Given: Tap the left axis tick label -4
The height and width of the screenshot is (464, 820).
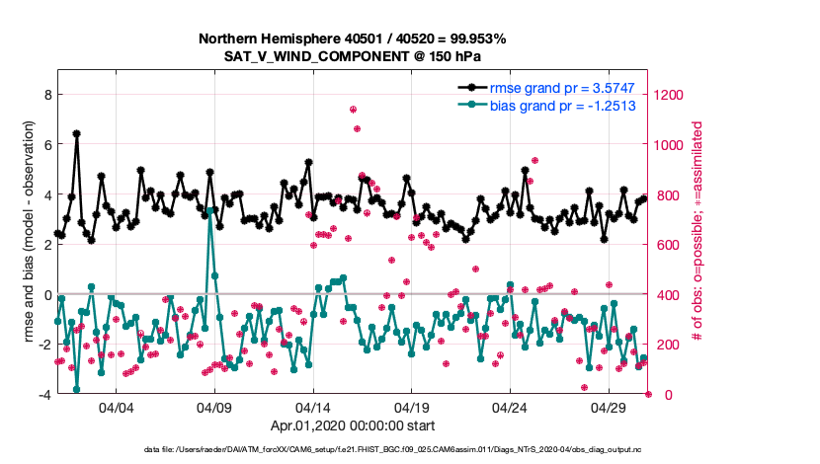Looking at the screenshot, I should point(44,395).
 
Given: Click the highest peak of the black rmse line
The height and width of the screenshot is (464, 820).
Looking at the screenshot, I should point(76,133).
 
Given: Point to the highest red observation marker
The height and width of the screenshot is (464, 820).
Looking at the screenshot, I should point(353,110).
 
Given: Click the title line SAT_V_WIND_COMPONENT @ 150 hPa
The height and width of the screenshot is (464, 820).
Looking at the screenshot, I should point(353,56).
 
